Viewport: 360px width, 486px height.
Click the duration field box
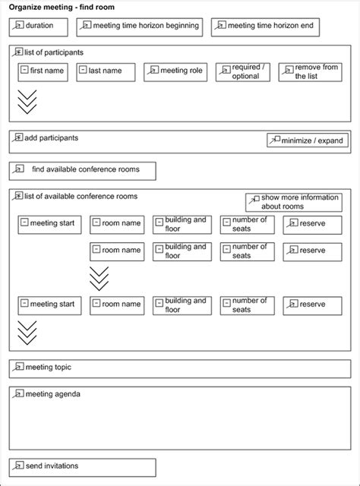click(39, 27)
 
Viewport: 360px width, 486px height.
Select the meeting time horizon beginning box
click(141, 27)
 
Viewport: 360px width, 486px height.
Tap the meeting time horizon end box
click(266, 27)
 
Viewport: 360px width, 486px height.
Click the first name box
click(43, 72)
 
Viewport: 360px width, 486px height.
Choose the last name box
click(106, 72)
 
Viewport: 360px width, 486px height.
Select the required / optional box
click(242, 72)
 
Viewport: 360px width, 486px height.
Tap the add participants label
click(51, 139)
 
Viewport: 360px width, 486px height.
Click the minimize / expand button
click(307, 140)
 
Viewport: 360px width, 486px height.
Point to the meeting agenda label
click(52, 394)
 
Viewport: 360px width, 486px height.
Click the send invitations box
click(82, 466)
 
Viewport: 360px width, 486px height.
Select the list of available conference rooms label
click(81, 197)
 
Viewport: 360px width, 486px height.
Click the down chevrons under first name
click(27, 102)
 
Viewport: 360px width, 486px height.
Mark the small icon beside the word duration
click(19, 26)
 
